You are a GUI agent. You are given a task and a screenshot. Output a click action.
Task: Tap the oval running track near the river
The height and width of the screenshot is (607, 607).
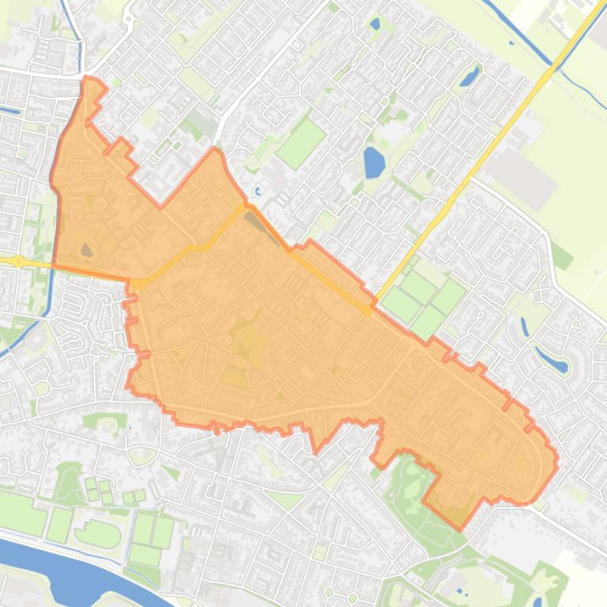98,535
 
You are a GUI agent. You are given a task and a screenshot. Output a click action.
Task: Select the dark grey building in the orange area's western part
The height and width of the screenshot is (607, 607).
86,250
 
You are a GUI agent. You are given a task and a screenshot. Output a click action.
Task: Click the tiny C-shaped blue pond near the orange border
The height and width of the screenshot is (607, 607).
257,191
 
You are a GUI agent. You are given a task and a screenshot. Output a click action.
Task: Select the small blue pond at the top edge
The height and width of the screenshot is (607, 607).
374,24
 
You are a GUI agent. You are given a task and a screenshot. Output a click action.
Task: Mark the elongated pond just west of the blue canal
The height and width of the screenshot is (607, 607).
470,76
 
